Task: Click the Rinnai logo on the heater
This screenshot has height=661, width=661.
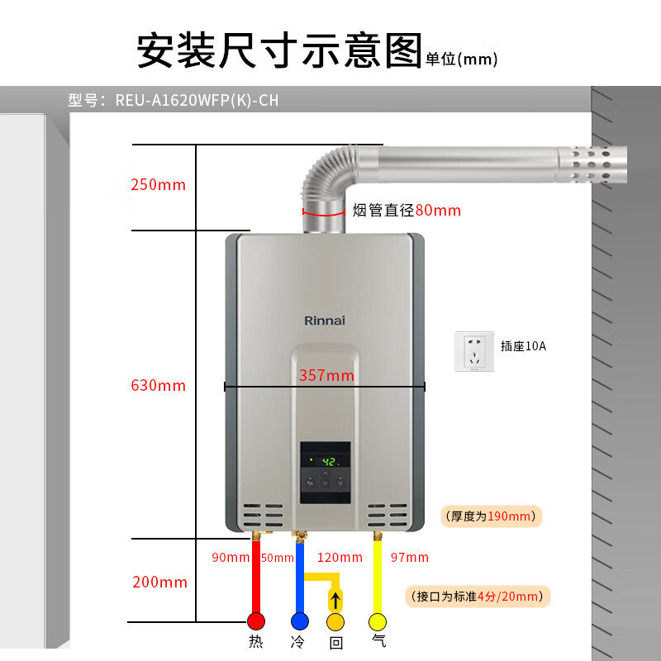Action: [325, 321]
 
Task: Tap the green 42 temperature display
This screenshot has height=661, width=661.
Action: [327, 462]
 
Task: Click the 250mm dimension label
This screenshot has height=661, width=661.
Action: [158, 184]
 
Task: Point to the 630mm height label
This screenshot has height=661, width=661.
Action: [158, 385]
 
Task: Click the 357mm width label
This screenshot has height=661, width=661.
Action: [326, 376]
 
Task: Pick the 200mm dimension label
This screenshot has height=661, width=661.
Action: [159, 583]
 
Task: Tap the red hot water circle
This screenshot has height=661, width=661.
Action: [256, 621]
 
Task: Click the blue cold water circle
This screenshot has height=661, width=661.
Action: [298, 621]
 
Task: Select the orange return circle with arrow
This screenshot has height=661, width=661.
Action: [335, 621]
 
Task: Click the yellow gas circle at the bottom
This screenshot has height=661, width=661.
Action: [378, 621]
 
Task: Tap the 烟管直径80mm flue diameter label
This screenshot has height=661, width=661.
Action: [407, 211]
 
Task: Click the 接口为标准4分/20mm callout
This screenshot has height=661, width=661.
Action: [480, 596]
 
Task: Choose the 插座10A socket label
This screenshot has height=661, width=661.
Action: [523, 345]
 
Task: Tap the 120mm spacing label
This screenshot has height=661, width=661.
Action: [340, 558]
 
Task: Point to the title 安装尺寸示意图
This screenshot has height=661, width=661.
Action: [279, 51]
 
